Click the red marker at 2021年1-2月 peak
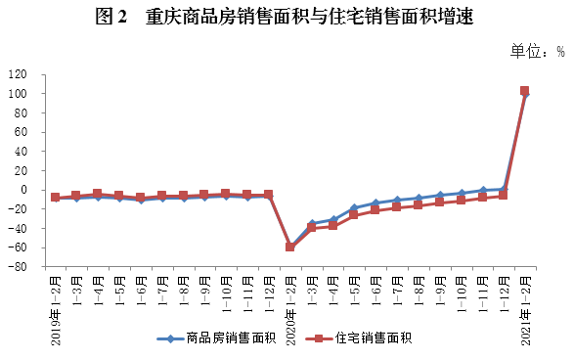[525, 91]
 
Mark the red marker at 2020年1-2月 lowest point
[290, 247]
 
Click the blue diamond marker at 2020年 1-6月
[375, 203]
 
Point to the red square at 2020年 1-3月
[311, 227]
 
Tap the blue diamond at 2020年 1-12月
[503, 189]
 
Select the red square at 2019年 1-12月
[268, 195]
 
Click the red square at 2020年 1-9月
[439, 202]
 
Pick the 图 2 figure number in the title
[111, 18]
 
